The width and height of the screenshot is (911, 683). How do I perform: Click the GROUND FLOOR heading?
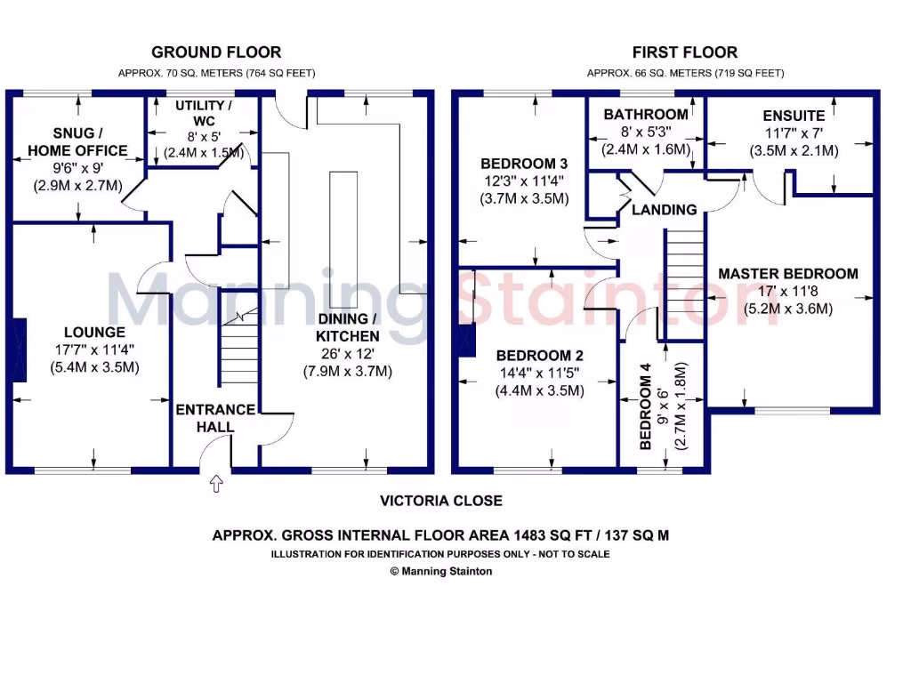(216, 52)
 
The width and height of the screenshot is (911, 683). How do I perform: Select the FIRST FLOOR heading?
(684, 52)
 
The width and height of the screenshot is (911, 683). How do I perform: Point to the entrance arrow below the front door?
(215, 485)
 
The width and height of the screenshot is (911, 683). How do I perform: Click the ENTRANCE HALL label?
(215, 418)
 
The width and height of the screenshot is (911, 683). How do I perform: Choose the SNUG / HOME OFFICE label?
(77, 141)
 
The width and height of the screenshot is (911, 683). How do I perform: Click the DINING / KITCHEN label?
(348, 327)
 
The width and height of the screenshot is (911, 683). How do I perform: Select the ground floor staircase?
(238, 351)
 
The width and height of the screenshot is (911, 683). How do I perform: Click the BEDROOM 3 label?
(523, 164)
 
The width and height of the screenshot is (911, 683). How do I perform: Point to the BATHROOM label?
(645, 115)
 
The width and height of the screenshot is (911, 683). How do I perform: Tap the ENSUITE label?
(794, 116)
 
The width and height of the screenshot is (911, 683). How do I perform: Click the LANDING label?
(665, 210)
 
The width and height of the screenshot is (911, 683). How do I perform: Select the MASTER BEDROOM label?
(788, 274)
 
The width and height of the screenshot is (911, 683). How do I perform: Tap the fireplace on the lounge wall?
(18, 351)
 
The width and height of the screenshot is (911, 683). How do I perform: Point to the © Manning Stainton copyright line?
(441, 572)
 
